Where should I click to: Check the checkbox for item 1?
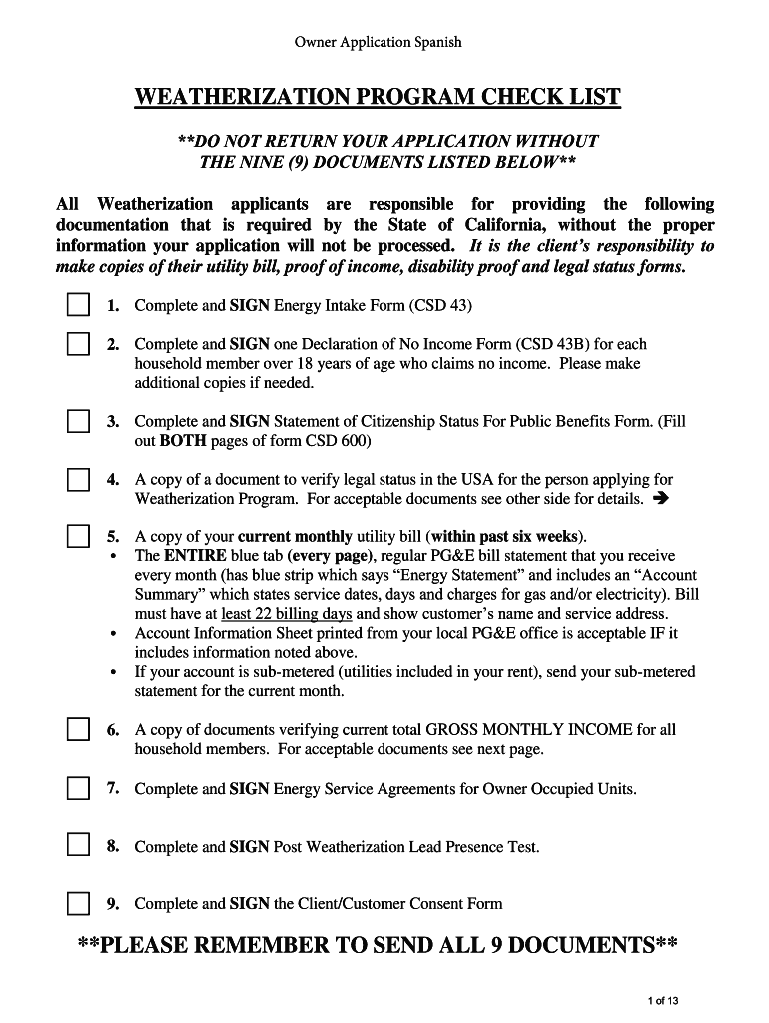point(79,304)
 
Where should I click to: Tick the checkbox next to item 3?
point(79,421)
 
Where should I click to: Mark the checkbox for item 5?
point(79,536)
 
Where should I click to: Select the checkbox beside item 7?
point(79,788)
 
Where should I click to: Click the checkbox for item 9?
point(79,904)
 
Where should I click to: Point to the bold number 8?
point(114,847)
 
